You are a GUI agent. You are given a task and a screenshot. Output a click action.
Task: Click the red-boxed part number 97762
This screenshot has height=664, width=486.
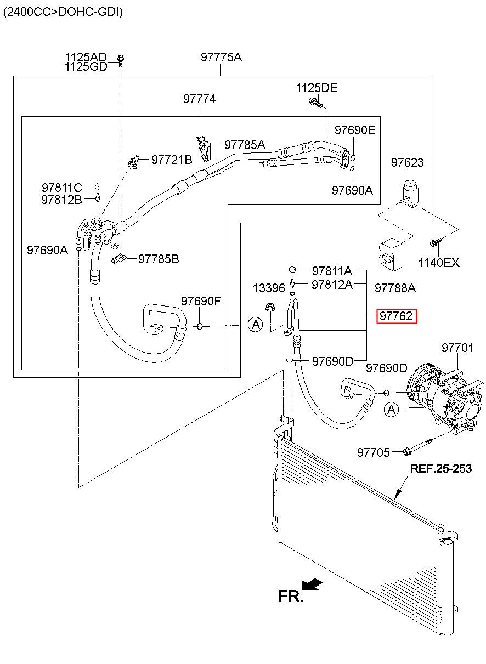(x=397, y=316)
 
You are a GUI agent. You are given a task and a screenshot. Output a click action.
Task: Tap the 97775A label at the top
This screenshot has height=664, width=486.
(x=221, y=57)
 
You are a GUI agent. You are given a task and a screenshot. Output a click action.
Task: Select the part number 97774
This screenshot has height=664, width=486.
(x=199, y=99)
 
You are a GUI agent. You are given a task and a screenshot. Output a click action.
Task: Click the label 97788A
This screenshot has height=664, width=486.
(x=395, y=288)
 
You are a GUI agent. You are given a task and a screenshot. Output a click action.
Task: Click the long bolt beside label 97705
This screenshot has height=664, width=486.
(x=417, y=447)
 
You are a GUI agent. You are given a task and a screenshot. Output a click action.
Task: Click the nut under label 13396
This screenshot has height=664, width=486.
(x=269, y=308)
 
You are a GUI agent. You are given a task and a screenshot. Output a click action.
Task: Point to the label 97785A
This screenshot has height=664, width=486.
(x=245, y=145)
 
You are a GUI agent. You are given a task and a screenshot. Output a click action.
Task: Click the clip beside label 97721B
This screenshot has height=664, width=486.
(x=133, y=162)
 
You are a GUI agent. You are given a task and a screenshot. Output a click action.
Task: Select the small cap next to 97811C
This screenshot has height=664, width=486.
(x=98, y=186)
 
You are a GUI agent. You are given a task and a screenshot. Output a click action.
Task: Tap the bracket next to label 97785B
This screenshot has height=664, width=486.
(x=118, y=254)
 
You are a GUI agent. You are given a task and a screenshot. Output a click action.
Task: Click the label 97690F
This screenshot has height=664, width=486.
(x=201, y=301)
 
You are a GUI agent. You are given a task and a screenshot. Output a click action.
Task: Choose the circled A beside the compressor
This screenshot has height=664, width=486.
(x=392, y=410)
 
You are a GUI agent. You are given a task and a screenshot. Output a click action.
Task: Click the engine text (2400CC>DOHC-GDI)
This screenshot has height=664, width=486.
(x=63, y=12)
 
